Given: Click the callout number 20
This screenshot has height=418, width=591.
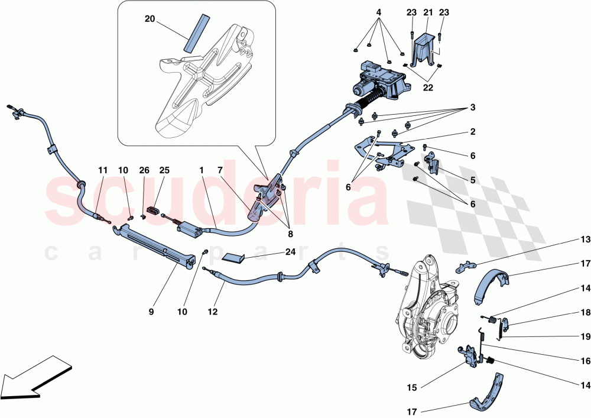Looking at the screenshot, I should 150,19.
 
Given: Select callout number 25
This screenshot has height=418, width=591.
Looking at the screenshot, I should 164,171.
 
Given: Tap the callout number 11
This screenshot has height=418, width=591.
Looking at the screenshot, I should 103,171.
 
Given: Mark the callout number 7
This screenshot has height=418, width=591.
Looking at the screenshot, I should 220,171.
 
